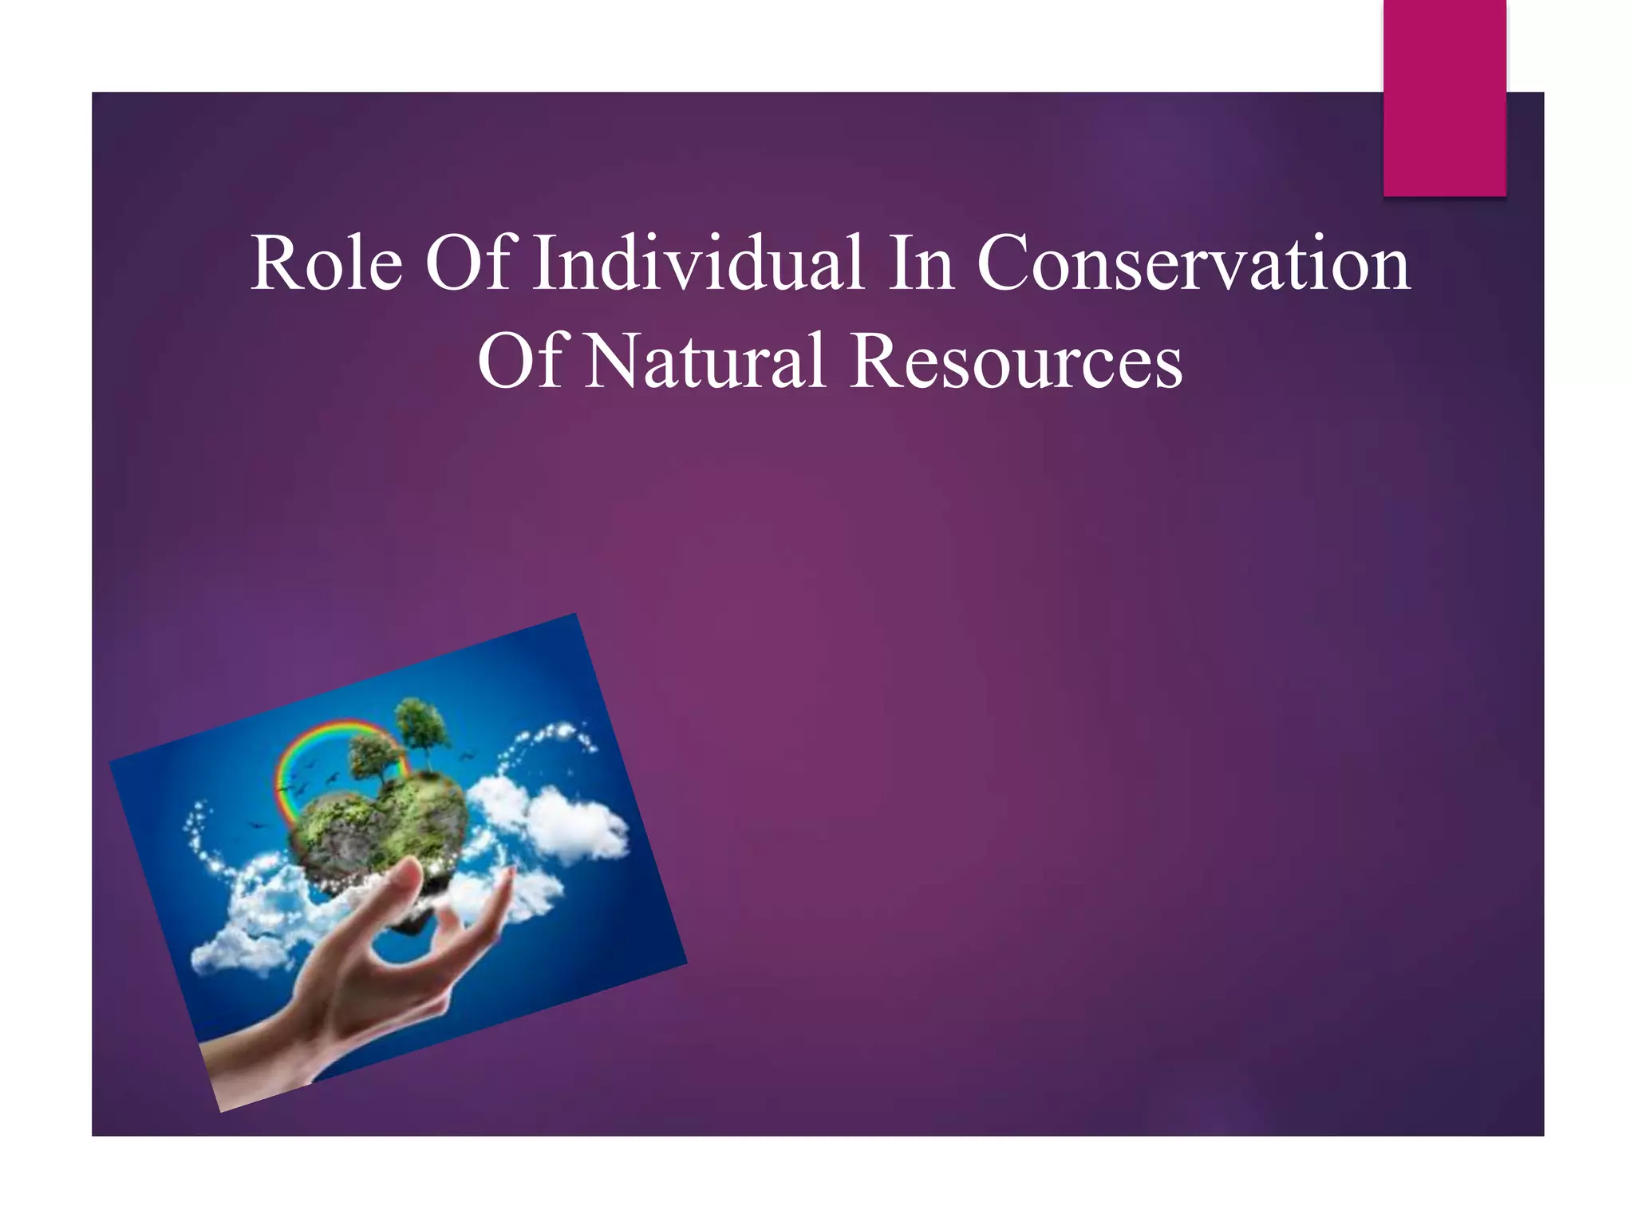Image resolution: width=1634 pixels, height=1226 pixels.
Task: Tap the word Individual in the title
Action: point(698,263)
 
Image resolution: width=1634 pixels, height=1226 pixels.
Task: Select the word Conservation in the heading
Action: point(1193,263)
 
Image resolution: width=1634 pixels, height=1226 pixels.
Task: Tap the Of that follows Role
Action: point(467,263)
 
